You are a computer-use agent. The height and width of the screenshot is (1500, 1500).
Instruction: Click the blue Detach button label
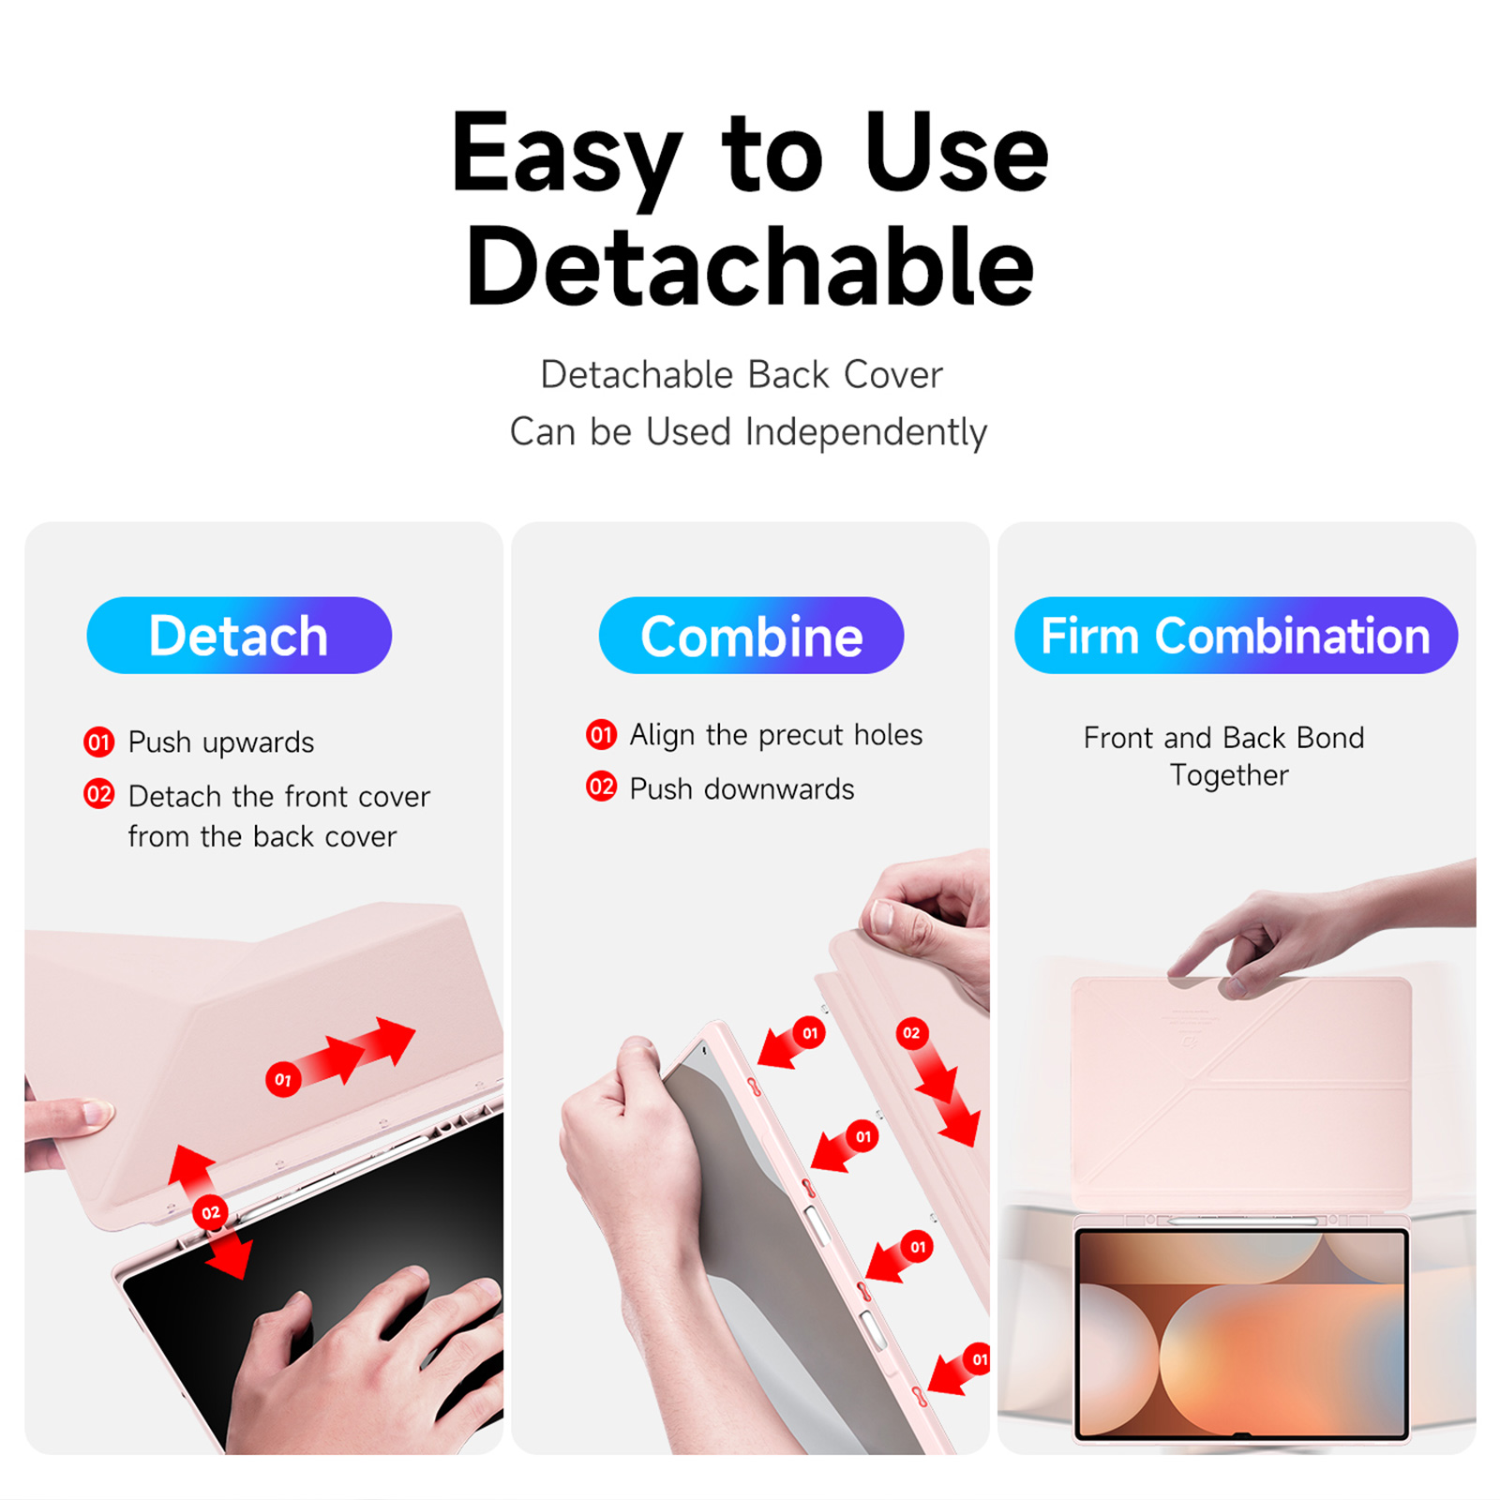click(x=239, y=636)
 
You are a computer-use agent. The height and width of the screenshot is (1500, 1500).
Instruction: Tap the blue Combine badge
click(x=751, y=636)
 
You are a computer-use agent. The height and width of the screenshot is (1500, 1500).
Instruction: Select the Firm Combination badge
click(x=1236, y=636)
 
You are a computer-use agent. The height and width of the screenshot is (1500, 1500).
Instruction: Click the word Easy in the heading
click(x=566, y=156)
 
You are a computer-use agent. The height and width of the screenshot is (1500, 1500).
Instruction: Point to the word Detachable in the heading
click(x=750, y=266)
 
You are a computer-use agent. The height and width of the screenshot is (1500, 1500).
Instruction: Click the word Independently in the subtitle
click(x=866, y=433)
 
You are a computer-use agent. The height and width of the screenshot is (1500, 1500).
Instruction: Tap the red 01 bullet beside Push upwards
click(x=98, y=742)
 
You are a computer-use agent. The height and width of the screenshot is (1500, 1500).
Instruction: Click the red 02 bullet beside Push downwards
click(x=601, y=787)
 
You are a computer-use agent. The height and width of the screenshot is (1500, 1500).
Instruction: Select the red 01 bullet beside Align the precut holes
click(x=601, y=734)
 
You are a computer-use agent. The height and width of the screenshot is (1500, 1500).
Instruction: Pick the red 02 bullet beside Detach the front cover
click(x=98, y=795)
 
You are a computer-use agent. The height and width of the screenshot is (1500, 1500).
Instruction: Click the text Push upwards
click(x=221, y=742)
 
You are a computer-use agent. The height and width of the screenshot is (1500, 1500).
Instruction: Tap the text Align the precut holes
click(x=776, y=735)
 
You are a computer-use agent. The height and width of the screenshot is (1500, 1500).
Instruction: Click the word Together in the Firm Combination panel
click(x=1229, y=775)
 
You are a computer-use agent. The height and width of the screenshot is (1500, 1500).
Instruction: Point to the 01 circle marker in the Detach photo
click(x=283, y=1080)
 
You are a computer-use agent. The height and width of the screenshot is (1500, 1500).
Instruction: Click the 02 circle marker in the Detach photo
click(x=211, y=1213)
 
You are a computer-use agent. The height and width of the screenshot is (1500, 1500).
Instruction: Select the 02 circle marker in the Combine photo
click(x=911, y=1033)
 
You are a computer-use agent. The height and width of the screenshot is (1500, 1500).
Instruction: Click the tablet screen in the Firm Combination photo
click(x=1241, y=1334)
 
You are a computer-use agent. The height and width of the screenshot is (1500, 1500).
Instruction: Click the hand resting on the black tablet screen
click(x=366, y=1359)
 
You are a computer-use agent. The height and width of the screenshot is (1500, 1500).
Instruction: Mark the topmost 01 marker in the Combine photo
click(x=810, y=1033)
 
